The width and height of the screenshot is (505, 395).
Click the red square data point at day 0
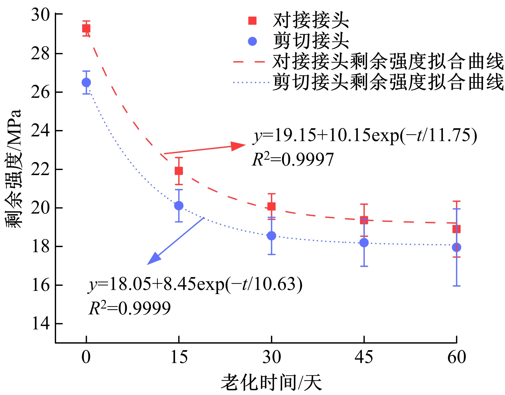click(x=86, y=28)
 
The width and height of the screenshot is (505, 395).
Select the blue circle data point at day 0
click(x=86, y=82)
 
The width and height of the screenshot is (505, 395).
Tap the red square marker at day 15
click(x=179, y=171)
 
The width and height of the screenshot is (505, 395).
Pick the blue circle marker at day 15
click(x=179, y=206)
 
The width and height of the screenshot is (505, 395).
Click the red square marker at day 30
click(x=271, y=206)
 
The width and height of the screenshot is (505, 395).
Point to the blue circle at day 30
click(x=271, y=236)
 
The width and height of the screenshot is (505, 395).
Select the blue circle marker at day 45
click(x=364, y=242)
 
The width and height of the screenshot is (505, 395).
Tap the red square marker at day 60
click(x=456, y=229)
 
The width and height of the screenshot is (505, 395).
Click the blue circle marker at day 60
click(x=456, y=247)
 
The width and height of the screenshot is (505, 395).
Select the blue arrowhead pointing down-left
click(x=153, y=259)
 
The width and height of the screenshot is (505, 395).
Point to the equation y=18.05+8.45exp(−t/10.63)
click(x=195, y=285)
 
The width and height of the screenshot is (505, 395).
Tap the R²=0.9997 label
click(x=293, y=160)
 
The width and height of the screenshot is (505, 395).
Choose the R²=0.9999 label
click(x=130, y=308)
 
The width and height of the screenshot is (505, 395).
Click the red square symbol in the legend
click(x=252, y=21)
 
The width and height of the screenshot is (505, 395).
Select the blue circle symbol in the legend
click(x=252, y=41)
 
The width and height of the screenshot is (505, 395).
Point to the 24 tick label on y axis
click(x=40, y=130)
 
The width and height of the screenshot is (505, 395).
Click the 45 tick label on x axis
click(x=364, y=357)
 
